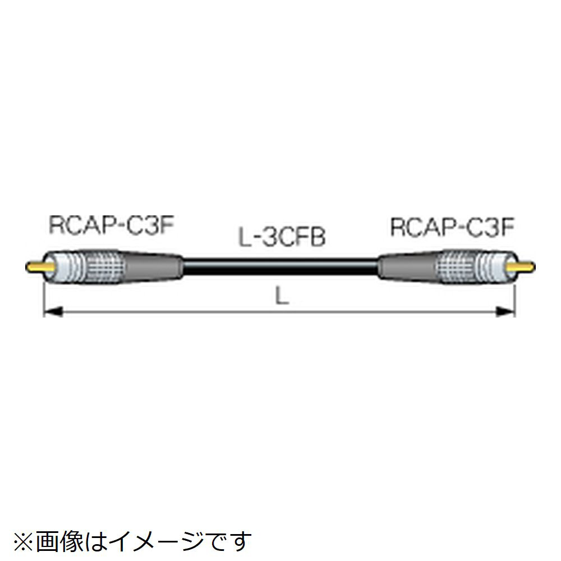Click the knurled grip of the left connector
coord(93,266)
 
